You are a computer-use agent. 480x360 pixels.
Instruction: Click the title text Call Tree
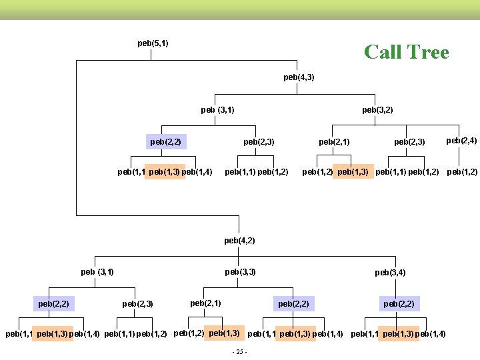coord(406,52)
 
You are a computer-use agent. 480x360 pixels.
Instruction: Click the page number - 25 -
coord(238,352)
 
